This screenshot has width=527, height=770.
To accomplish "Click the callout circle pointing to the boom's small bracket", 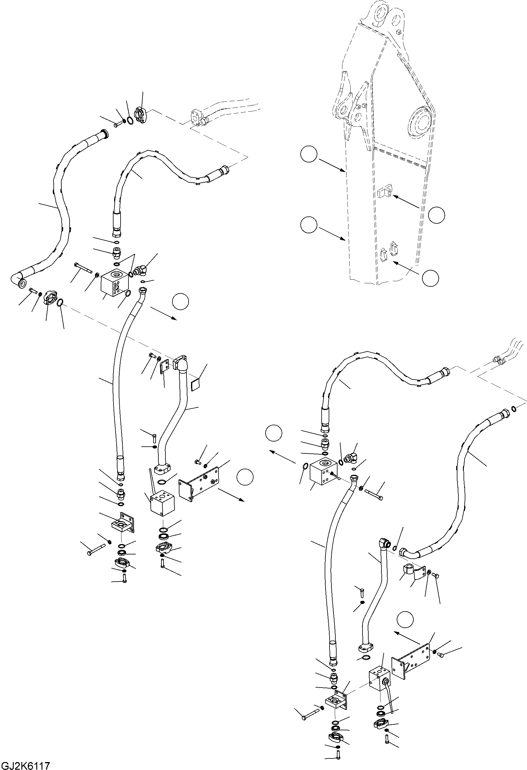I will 436,215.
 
